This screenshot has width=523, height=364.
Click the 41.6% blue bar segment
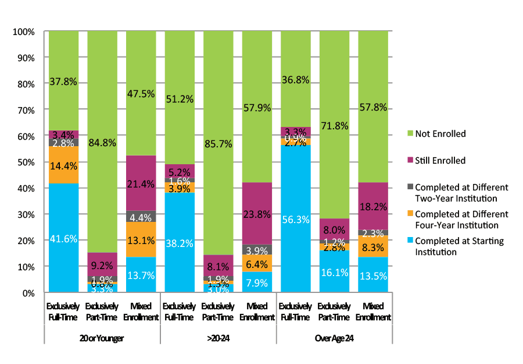click(63, 238)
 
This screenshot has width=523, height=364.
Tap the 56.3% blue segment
click(295, 220)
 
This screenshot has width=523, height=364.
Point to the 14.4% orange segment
click(63, 165)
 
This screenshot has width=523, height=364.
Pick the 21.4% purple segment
click(140, 183)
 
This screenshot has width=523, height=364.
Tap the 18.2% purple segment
click(372, 206)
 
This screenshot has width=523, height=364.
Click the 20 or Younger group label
click(102, 338)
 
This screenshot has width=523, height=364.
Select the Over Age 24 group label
click(334, 338)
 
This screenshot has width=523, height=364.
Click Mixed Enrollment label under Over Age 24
click(372, 312)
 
